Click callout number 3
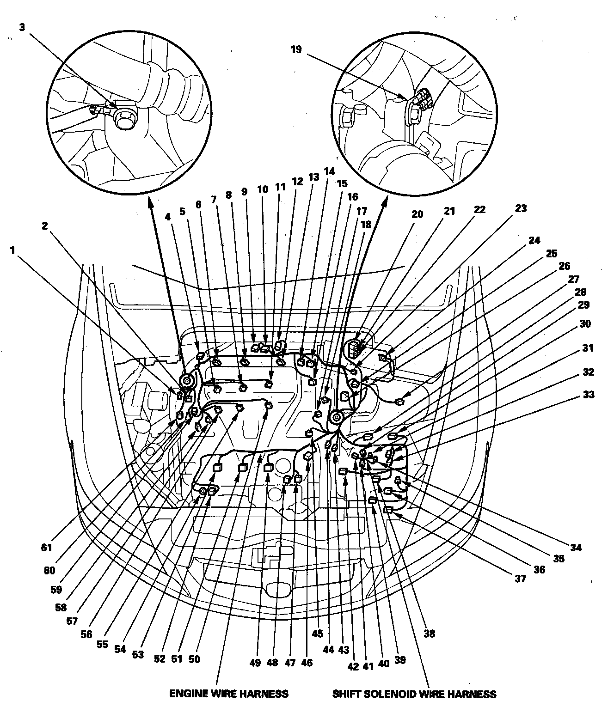pos(22,27)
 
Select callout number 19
pos(296,49)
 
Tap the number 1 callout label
pos(12,250)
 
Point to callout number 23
pos(521,209)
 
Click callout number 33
pos(589,395)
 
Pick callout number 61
pos(47,548)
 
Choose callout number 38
pos(430,634)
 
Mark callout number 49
pos(255,663)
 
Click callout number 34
pos(575,548)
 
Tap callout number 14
pos(329,171)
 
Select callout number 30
pos(585,324)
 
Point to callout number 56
pos(86,634)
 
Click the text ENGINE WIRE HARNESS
pos(229,694)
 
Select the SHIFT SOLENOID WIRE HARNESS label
pos(414,694)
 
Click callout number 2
pos(45,226)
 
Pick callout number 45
pos(318,634)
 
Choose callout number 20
pos(418,214)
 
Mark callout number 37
pos(521,579)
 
